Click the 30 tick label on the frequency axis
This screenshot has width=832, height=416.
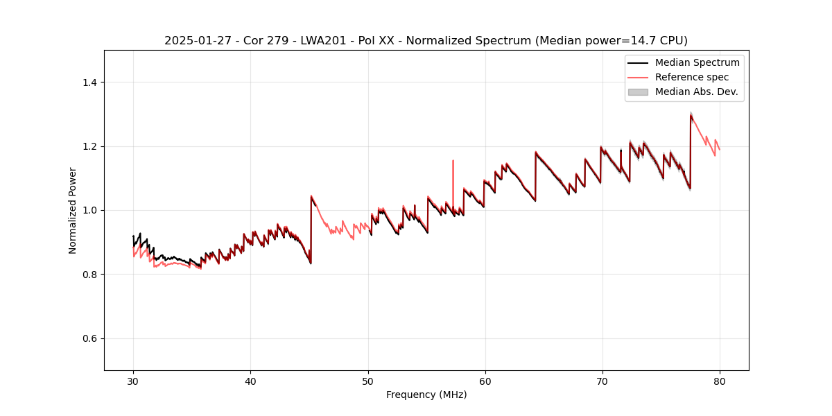(133, 381)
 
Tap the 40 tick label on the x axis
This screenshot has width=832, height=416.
(250, 381)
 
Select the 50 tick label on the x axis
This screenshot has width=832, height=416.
(367, 381)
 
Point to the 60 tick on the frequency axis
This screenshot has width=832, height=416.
(485, 381)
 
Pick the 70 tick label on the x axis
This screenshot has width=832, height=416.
(602, 381)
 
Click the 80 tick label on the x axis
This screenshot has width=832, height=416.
(719, 381)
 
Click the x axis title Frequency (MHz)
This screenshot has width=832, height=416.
(426, 395)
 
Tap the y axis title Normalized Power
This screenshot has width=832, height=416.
(73, 210)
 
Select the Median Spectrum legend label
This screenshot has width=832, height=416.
(697, 62)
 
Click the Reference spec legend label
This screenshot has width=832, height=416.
(691, 77)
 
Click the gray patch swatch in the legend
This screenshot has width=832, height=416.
(638, 92)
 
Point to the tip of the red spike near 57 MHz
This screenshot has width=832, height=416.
(453, 161)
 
